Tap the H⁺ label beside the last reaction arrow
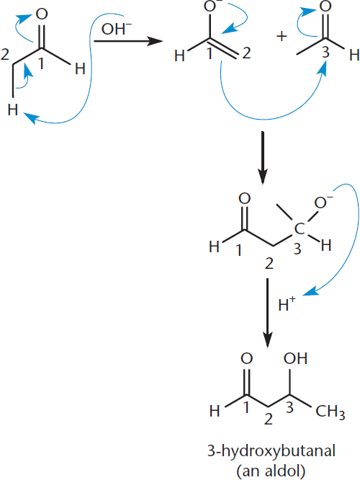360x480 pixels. click(x=287, y=304)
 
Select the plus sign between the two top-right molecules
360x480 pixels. click(x=282, y=37)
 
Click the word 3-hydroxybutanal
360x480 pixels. click(x=271, y=452)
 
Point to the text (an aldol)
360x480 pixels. click(x=271, y=470)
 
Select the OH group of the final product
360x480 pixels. click(x=295, y=358)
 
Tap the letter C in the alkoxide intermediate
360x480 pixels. click(x=300, y=228)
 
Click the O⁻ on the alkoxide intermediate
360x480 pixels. click(x=323, y=202)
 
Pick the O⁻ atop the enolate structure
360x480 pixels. click(x=211, y=6)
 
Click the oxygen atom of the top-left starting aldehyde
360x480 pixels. click(x=42, y=14)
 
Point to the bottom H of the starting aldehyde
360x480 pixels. click(x=13, y=110)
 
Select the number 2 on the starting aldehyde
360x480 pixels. click(x=5, y=55)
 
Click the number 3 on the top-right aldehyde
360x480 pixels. click(x=325, y=52)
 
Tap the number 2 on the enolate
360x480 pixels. click(x=246, y=53)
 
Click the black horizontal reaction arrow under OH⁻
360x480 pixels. click(x=127, y=40)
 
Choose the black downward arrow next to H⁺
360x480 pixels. click(x=268, y=313)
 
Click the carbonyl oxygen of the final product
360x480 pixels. click(x=246, y=358)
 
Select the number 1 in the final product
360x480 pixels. click(x=247, y=407)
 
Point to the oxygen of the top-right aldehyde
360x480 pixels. click(x=325, y=6)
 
